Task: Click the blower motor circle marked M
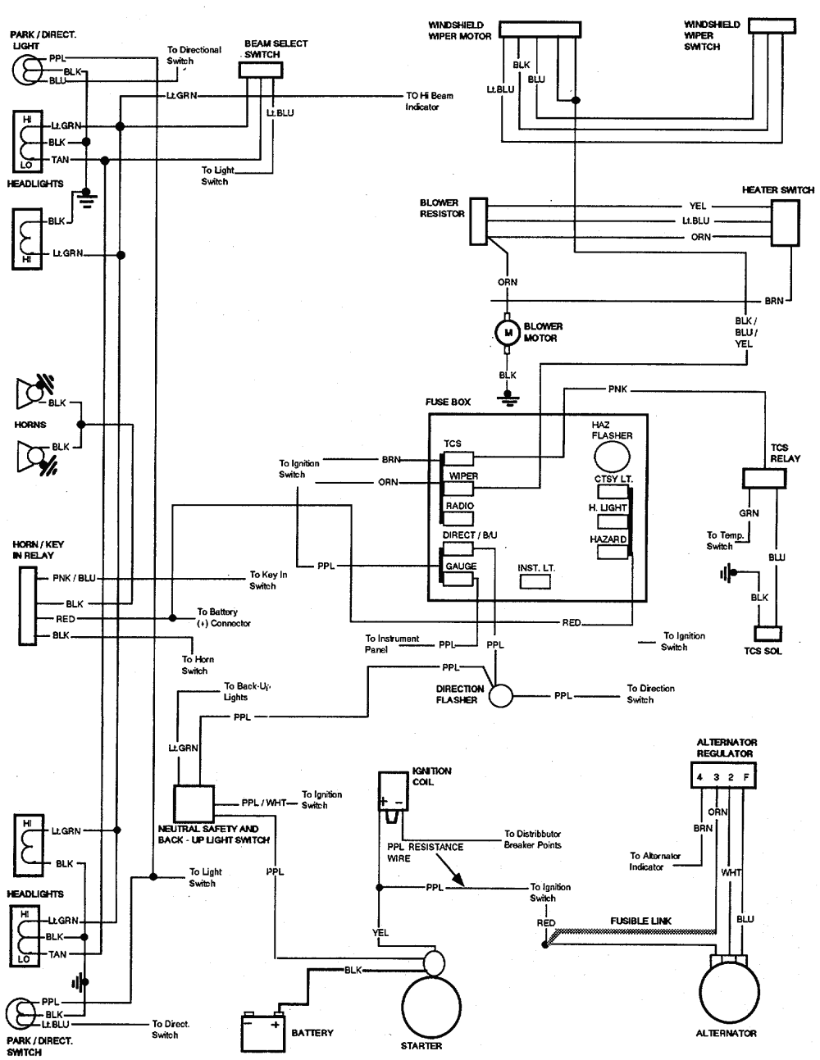(x=508, y=331)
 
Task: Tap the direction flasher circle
(x=500, y=696)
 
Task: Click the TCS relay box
(x=763, y=478)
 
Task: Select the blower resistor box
(x=478, y=221)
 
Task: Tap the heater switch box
(x=783, y=221)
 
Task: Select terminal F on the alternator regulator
(x=745, y=776)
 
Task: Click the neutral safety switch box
(x=194, y=800)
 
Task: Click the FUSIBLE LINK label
(x=640, y=921)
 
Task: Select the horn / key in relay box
(x=27, y=607)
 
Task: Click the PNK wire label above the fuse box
(x=617, y=389)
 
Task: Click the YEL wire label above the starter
(x=380, y=933)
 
